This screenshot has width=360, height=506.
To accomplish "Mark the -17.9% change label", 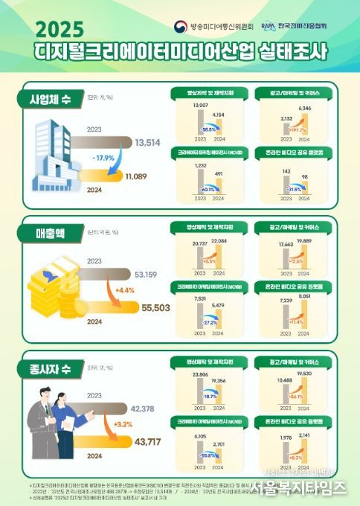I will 103,158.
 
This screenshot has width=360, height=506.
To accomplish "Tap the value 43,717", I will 148,442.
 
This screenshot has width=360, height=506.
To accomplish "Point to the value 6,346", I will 304,109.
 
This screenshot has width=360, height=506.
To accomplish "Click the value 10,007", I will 199,106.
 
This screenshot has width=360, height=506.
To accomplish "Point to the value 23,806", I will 200,374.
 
